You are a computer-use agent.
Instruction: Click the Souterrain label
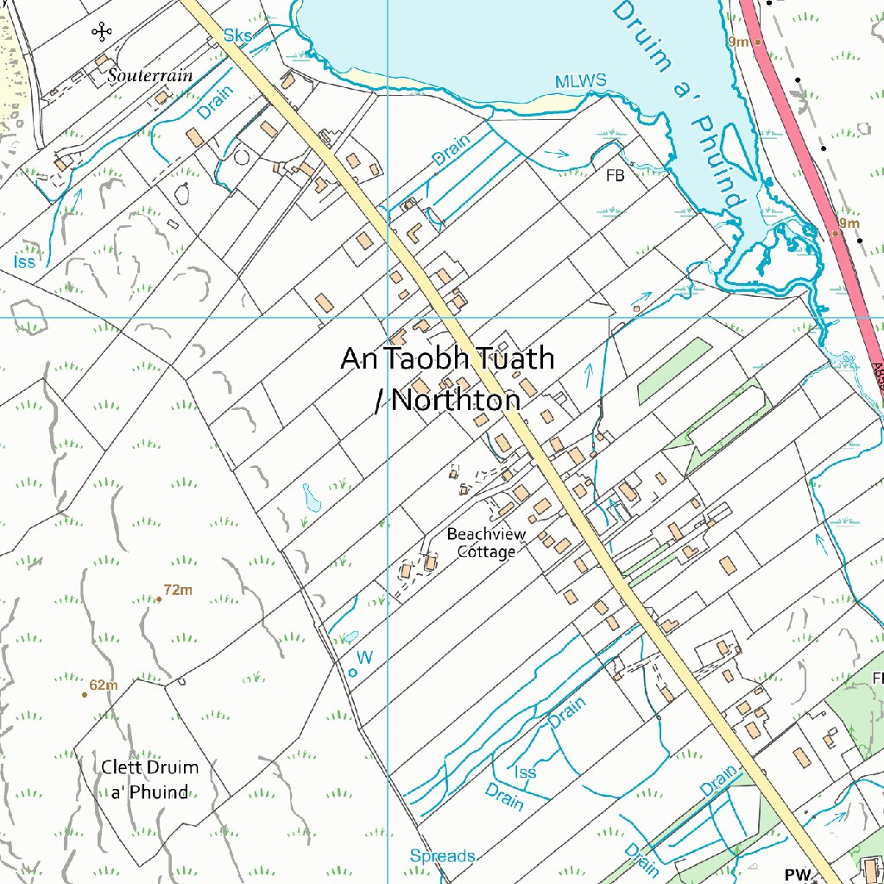pos(150,76)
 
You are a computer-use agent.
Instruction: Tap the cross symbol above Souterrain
pos(102,33)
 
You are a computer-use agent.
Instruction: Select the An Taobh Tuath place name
pos(447,357)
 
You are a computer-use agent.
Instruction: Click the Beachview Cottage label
pos(486,543)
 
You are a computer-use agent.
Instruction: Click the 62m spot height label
pos(102,685)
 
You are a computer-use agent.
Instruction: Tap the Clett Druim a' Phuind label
pos(149,780)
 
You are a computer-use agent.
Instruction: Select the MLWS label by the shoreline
pos(580,81)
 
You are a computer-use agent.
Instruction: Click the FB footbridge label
pos(615,176)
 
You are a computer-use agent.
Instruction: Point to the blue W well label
pos(365,658)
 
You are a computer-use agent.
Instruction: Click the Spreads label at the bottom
pos(442,856)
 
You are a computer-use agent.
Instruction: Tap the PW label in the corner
pos(798,875)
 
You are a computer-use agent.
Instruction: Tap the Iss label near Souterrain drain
pos(25,261)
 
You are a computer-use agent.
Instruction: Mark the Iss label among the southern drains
pos(525,772)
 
